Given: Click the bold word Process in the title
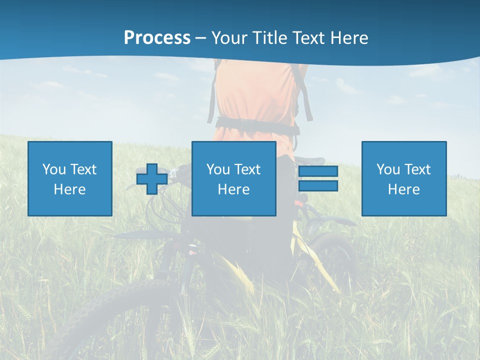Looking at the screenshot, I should [x=157, y=38].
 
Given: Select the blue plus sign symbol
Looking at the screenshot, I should [x=152, y=179].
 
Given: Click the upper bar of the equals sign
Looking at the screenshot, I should [x=318, y=171].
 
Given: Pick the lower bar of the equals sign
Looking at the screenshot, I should [x=318, y=186].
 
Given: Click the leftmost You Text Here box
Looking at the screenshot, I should [x=70, y=179].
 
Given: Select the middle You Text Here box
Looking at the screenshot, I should [x=234, y=179].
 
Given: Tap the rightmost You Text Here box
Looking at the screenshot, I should [x=404, y=179].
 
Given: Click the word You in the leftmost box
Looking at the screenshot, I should [x=54, y=169].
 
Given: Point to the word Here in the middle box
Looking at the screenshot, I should [x=234, y=189].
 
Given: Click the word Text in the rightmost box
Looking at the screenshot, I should [x=417, y=169].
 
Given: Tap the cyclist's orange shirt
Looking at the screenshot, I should [x=255, y=95].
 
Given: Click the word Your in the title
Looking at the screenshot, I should [x=230, y=38].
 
